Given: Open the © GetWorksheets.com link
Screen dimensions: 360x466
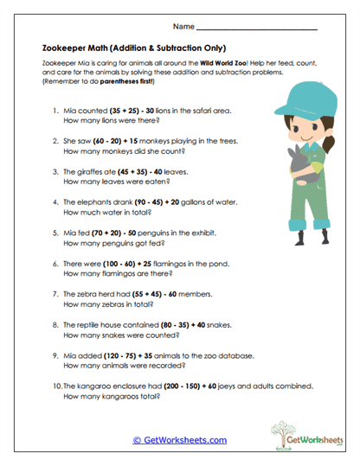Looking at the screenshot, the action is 180,440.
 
